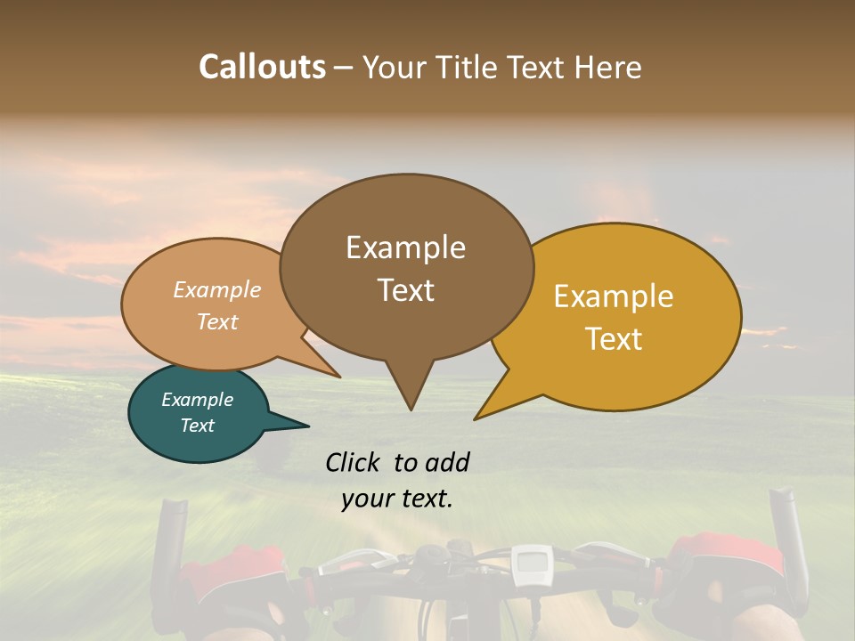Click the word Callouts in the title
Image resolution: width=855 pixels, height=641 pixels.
coord(262,67)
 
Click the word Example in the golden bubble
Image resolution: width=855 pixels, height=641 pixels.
coord(614,296)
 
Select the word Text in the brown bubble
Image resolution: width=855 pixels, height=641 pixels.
coord(406,290)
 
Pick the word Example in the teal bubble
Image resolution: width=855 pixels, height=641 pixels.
coord(197,400)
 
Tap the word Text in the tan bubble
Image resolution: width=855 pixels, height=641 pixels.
coord(217,321)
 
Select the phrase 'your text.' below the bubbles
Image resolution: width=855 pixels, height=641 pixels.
coord(396,499)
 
